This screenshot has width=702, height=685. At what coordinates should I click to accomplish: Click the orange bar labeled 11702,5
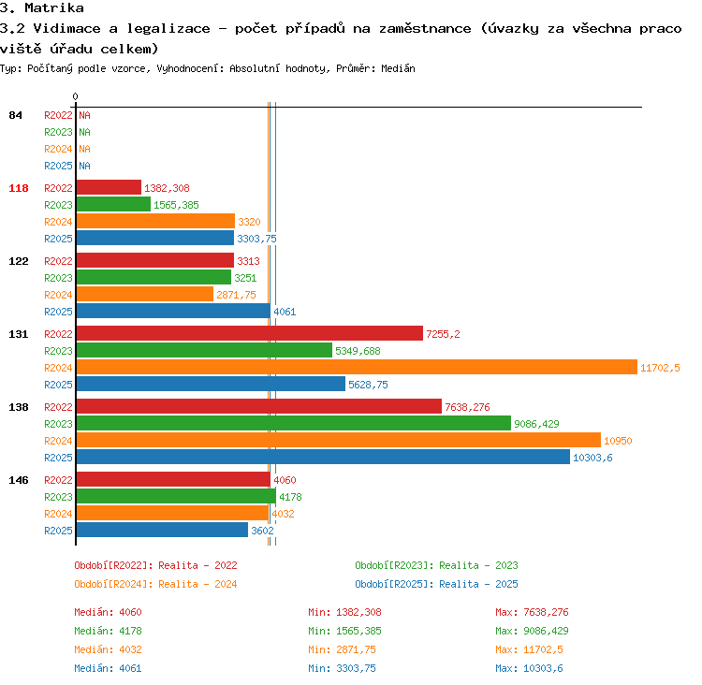[x=357, y=367]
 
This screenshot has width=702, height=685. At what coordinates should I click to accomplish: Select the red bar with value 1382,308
[x=109, y=187]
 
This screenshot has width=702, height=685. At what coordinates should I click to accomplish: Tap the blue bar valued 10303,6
[x=323, y=457]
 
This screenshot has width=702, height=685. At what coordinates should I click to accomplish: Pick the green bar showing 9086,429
[x=294, y=424]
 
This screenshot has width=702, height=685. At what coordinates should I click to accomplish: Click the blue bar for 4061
[x=174, y=312]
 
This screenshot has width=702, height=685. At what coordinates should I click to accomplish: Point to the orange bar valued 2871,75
[x=145, y=294]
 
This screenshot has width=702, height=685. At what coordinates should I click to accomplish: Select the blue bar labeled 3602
[x=163, y=530]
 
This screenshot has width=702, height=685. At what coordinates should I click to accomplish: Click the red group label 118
[x=19, y=188]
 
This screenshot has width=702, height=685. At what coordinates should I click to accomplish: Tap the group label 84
[x=15, y=115]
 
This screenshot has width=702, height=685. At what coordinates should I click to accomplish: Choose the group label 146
[x=19, y=480]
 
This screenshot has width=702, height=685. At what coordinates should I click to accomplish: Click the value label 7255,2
[x=443, y=334]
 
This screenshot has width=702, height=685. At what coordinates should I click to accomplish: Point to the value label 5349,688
[x=358, y=351]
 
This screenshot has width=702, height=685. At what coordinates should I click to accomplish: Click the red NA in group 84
[x=84, y=115]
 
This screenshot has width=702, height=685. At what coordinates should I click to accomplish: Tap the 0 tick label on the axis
[x=75, y=96]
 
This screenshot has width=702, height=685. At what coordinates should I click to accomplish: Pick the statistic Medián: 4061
[x=108, y=668]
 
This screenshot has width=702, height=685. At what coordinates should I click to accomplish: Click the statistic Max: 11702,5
[x=529, y=649]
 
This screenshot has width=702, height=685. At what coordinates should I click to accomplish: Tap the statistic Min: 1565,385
[x=344, y=631]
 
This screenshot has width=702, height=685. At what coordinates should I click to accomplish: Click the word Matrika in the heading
[x=54, y=7]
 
